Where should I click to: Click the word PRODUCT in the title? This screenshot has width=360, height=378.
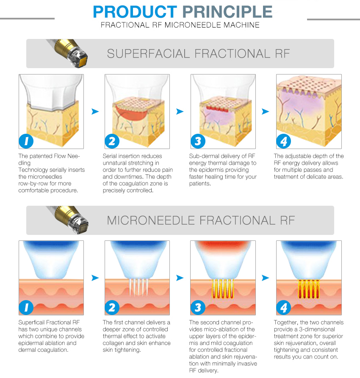point(135,11)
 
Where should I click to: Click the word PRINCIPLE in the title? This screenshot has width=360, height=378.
point(227,11)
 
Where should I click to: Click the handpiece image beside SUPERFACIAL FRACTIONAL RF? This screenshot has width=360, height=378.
point(69,53)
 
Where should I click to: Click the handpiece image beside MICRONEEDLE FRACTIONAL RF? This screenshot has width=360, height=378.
point(69,220)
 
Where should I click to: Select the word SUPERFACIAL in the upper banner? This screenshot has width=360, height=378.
point(148,53)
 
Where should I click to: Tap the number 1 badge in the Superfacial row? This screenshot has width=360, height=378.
point(26,141)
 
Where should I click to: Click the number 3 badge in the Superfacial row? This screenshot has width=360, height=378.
point(198,141)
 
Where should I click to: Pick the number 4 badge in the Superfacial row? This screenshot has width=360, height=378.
point(283,141)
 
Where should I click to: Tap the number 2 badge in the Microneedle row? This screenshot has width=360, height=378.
point(112,308)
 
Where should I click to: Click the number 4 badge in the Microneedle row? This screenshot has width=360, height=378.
point(283,308)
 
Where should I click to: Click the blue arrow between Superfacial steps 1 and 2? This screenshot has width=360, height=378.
point(95,111)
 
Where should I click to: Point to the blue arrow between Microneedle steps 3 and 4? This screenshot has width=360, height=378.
point(266,278)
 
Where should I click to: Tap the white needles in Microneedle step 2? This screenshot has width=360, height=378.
point(138,287)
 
